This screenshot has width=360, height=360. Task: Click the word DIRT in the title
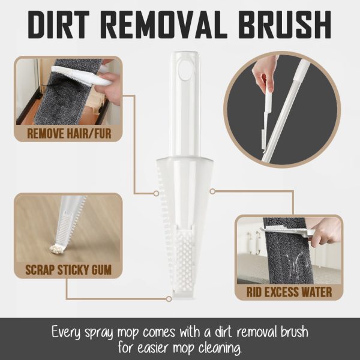[x=59, y=25]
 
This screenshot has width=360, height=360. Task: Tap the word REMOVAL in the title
[x=161, y=25]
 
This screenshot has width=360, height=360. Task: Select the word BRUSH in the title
[x=284, y=25]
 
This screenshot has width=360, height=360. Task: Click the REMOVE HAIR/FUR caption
[x=69, y=133]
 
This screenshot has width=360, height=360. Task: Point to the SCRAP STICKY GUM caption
[x=68, y=270]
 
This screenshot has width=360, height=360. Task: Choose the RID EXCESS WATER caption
[x=289, y=292]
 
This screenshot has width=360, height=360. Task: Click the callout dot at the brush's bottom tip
[x=169, y=299]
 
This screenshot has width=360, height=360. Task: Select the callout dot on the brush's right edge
[x=212, y=191]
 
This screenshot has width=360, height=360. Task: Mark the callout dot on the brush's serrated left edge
[x=156, y=194]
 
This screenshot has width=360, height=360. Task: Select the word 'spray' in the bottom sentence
[x=99, y=333]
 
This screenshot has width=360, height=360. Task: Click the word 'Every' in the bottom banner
[x=66, y=332]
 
